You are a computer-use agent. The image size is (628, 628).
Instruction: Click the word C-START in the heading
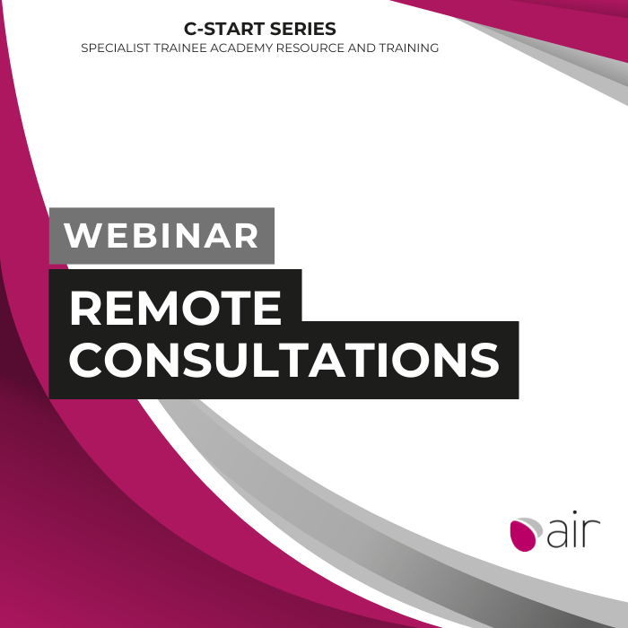224,29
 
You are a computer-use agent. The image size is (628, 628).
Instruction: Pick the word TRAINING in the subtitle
409,48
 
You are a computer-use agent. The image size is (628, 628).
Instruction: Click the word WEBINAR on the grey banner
161,235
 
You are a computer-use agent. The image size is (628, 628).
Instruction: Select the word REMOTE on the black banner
176,308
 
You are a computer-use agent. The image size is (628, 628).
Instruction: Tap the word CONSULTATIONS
284,360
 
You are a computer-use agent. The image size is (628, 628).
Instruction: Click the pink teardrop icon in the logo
523,535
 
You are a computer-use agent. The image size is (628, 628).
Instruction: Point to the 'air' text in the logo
573,529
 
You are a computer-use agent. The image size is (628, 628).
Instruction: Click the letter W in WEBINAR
83,235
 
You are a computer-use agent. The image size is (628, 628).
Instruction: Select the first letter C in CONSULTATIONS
85,360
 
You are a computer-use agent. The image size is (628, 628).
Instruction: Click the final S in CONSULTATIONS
485,360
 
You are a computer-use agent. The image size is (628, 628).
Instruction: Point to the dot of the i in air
575,513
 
